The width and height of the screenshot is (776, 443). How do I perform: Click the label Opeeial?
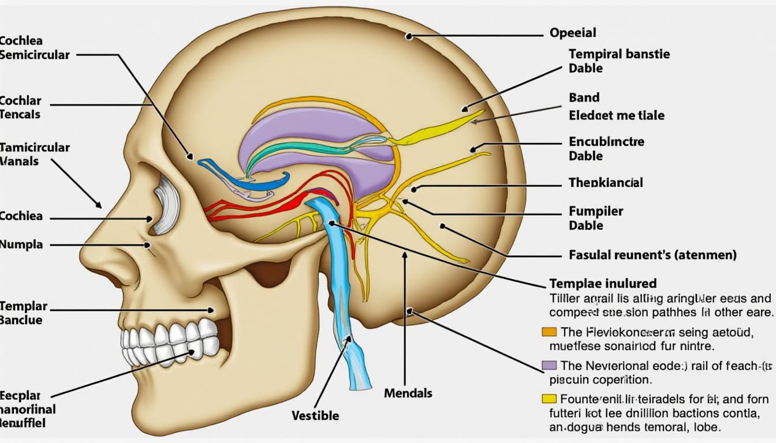573,33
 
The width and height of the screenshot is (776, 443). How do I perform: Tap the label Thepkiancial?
606,183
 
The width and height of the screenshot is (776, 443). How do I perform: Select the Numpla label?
21,245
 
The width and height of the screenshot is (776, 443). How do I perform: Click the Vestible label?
315,415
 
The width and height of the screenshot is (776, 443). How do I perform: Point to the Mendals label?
408,393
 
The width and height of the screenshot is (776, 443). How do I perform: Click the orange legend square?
549,332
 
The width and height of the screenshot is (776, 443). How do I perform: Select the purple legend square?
549,365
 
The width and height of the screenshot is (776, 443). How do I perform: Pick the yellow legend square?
549,399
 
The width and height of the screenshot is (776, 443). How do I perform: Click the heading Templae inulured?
602,283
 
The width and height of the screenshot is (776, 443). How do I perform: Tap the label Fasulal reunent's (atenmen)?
652,254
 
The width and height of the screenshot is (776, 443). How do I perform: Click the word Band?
584,97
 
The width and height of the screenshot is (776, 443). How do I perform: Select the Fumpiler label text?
596,211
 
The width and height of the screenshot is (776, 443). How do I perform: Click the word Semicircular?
35,55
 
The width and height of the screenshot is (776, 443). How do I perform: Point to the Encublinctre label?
606,141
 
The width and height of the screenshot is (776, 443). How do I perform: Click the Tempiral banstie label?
619,54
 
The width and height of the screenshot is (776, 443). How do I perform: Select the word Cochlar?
21,101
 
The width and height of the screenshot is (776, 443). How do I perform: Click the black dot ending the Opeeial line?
409,36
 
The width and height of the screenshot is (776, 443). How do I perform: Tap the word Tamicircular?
35,147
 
